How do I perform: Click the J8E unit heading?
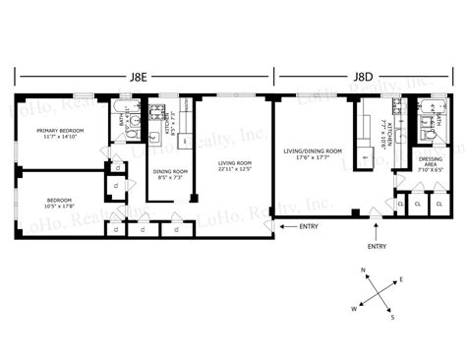coord(144,76)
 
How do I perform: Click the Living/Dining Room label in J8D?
coord(313,150)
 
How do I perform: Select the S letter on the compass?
coord(393,317)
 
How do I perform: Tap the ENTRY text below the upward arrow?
coord(377,247)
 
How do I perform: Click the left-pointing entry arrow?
coord(286,226)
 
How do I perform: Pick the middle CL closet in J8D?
coord(418,205)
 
